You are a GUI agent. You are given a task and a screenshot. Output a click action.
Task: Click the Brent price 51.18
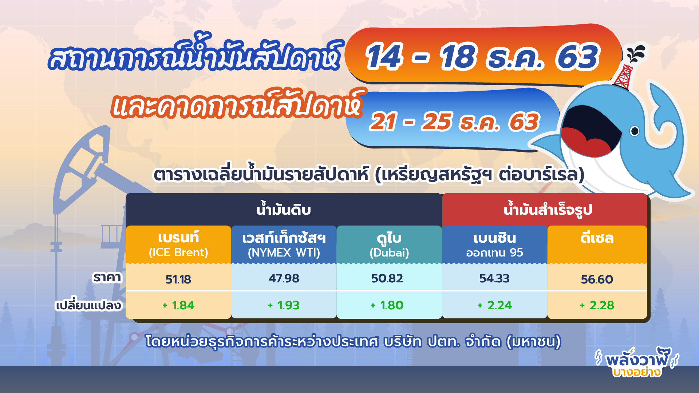coord(178,279)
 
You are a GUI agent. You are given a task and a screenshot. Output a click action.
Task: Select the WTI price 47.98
coord(284,278)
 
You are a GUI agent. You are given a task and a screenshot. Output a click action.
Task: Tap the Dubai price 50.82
coord(387,278)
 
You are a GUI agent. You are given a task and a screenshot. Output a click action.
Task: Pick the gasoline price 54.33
coord(494,278)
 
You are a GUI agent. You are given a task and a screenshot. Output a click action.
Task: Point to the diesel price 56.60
coord(597,279)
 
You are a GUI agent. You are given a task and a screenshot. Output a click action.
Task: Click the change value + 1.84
coord(178,305)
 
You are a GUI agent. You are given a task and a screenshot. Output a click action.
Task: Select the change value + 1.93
coord(284,305)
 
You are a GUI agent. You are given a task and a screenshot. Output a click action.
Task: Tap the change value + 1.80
coord(387,305)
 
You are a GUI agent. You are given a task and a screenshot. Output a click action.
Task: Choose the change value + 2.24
coord(494,305)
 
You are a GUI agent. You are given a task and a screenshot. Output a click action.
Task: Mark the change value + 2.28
coord(597,305)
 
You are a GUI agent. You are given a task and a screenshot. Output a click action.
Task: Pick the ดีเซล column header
coord(597,238)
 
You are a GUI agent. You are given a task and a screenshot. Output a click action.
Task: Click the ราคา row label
coord(107,278)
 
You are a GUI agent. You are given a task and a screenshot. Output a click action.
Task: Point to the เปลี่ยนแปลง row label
coord(88,305)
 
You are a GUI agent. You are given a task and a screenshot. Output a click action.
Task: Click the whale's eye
coord(634,131)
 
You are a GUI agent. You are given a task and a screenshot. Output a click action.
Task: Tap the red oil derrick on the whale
coord(624,76)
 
